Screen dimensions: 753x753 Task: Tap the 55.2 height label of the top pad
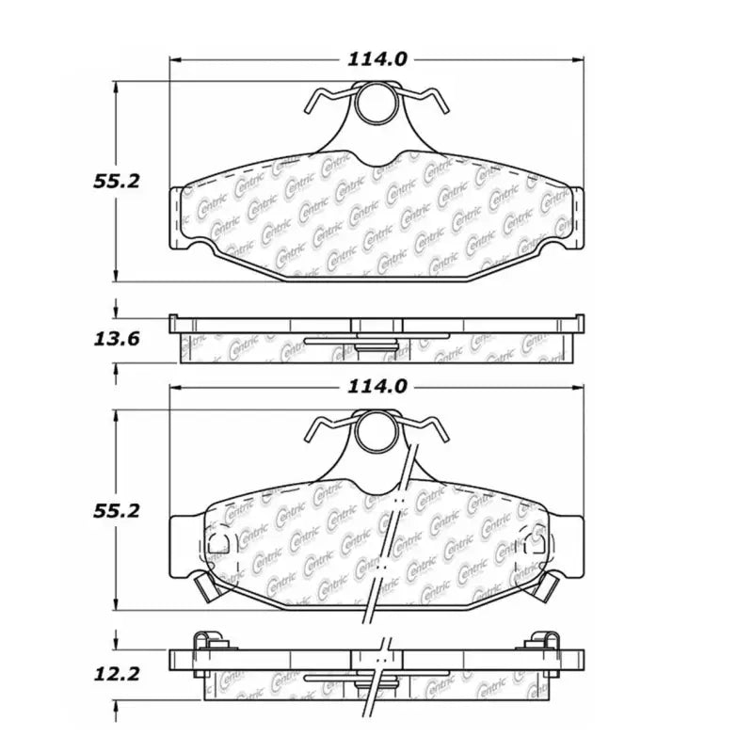click(117, 181)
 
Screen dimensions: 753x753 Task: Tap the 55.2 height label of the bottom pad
click(117, 510)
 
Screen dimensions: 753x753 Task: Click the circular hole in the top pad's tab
click(376, 103)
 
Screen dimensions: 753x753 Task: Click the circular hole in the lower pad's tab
click(376, 433)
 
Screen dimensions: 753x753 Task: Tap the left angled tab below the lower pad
click(204, 587)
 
